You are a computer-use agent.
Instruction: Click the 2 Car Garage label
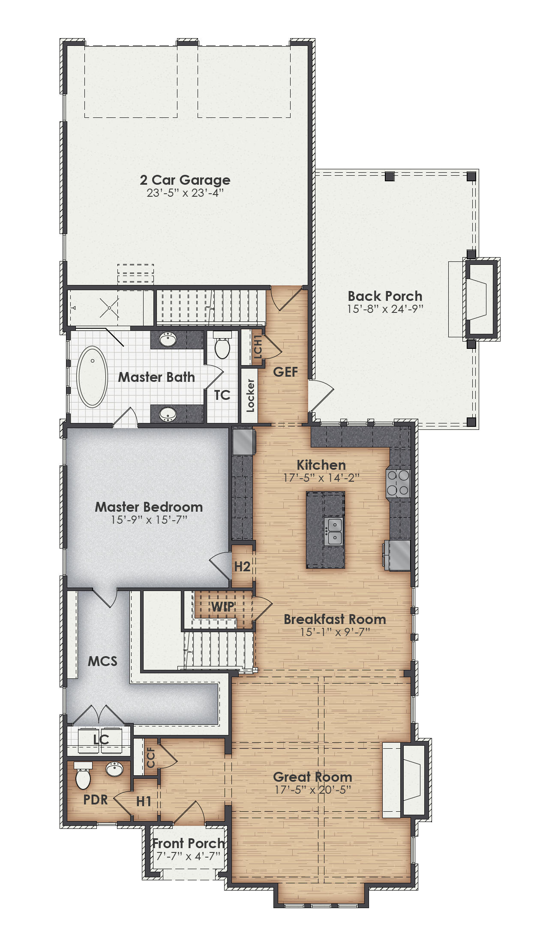click(185, 180)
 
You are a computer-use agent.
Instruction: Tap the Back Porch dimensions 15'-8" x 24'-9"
click(385, 309)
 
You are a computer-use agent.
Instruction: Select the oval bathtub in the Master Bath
click(92, 377)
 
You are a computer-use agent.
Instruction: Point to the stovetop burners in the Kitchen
click(398, 483)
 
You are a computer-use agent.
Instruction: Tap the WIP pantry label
click(223, 606)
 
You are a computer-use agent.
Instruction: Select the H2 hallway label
click(242, 567)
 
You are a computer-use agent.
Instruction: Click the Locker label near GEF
click(251, 396)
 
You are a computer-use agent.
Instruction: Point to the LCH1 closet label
click(258, 347)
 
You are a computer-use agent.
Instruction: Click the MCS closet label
click(102, 661)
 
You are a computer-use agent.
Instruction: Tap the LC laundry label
click(101, 739)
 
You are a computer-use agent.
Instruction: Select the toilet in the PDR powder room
click(83, 776)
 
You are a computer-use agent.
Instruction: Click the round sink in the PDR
click(114, 769)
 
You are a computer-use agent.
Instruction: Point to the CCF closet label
click(151, 758)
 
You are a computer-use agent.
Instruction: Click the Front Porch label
click(189, 843)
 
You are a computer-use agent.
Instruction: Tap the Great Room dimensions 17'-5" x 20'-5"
click(312, 790)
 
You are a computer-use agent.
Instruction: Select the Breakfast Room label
click(335, 619)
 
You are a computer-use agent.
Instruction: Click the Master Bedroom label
click(149, 507)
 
